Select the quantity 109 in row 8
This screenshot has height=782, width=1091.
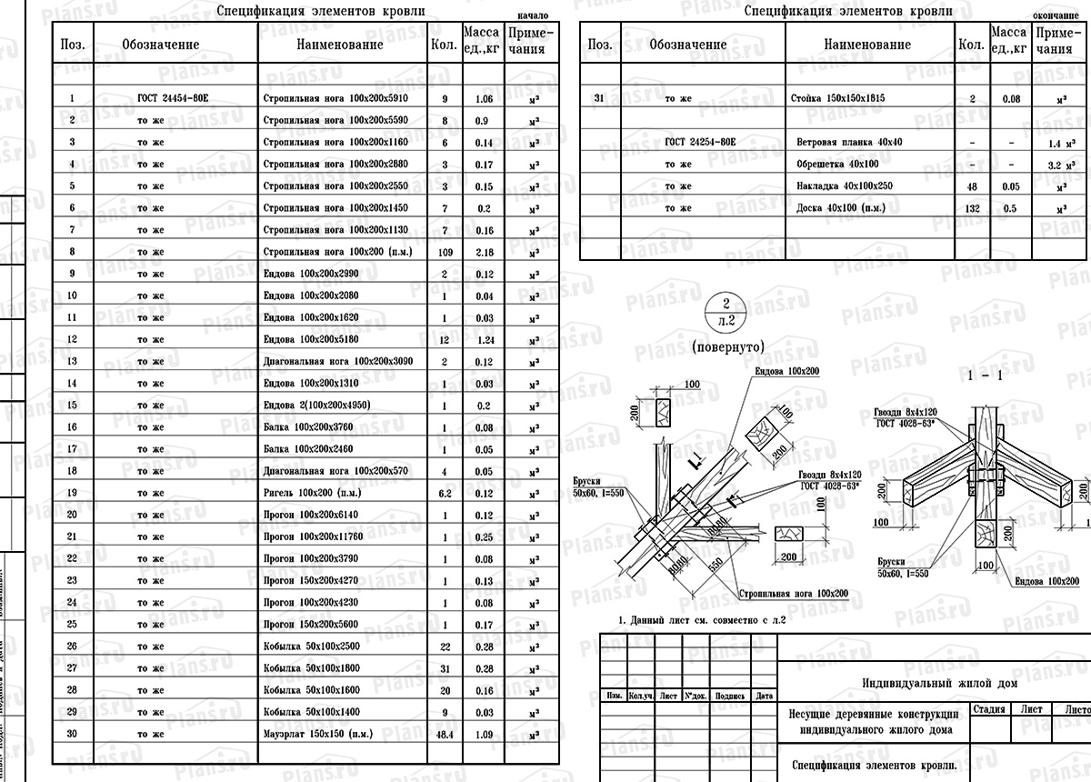(x=445, y=251)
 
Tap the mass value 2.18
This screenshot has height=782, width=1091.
(x=483, y=251)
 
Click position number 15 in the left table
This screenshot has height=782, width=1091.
(x=72, y=405)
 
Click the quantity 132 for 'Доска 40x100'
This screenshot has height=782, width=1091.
(x=972, y=208)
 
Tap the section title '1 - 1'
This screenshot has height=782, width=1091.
(x=986, y=376)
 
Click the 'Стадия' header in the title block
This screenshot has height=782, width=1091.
(x=989, y=709)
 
